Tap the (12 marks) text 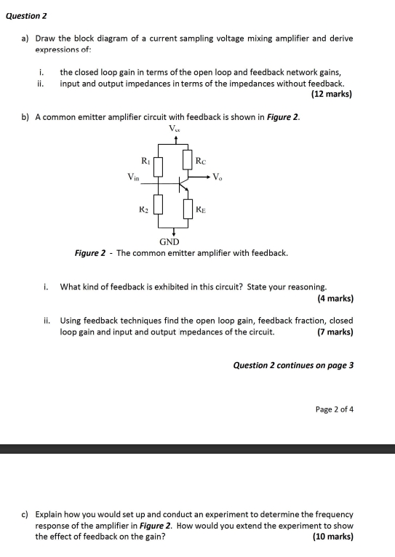tap(331, 94)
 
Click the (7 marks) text tap(335, 332)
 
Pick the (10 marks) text tap(332, 536)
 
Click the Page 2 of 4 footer tap(335, 409)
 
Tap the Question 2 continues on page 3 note tap(293, 365)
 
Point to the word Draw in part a tap(46, 38)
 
